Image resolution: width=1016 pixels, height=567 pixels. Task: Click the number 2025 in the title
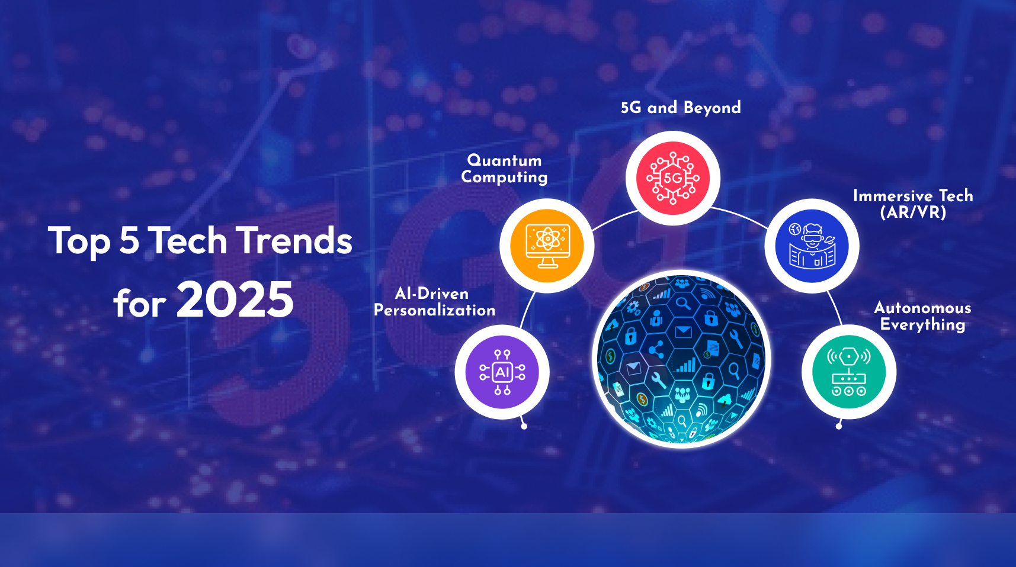(x=235, y=299)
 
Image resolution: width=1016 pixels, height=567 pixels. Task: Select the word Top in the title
(x=79, y=241)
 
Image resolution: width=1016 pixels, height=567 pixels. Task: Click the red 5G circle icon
(x=673, y=178)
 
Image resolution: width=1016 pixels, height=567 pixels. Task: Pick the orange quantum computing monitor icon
(x=547, y=246)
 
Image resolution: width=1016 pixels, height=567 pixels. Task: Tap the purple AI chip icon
(x=502, y=372)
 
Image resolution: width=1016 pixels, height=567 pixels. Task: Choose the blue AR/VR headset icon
(x=812, y=246)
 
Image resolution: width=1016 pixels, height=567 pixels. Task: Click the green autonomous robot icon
(x=849, y=372)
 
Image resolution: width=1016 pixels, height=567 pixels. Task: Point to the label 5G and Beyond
(x=681, y=107)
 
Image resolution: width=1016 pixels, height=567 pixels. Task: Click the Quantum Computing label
(x=504, y=169)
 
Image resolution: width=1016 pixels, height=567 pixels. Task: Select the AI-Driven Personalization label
(x=434, y=302)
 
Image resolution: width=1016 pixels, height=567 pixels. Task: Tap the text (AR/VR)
(x=913, y=212)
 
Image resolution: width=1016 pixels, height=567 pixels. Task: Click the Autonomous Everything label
(x=922, y=316)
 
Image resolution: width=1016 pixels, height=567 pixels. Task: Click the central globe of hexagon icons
(x=681, y=359)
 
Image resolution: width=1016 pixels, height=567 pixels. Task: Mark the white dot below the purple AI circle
(x=524, y=426)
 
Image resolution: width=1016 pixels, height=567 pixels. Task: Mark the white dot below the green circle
(x=838, y=426)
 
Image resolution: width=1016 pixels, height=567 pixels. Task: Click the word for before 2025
(x=140, y=303)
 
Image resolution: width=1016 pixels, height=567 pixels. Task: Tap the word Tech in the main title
(x=187, y=241)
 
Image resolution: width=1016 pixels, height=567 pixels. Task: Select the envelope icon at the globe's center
(x=683, y=331)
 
